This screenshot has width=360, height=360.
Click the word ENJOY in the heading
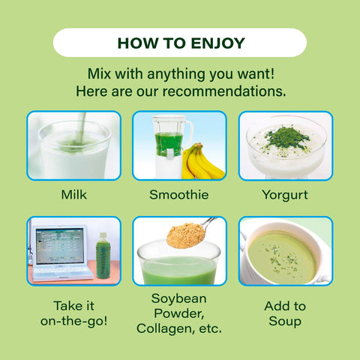(217, 43)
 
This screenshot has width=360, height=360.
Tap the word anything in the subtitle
(176, 74)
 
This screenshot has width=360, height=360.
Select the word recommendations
(224, 91)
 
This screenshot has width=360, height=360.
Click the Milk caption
(74, 195)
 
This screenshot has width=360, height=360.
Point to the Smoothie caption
(179, 195)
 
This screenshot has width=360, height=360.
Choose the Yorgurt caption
(285, 195)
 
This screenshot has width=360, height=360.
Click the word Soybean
(179, 298)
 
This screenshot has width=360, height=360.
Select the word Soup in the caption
(285, 322)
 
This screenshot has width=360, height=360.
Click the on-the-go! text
(74, 321)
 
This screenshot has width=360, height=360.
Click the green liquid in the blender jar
(169, 145)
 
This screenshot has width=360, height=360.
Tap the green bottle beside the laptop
(103, 256)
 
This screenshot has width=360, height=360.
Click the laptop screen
(60, 246)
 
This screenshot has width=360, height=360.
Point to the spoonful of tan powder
(186, 235)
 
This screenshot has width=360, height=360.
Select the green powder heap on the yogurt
(287, 138)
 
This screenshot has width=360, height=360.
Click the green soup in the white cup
(282, 257)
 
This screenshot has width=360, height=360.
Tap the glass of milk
(74, 149)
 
